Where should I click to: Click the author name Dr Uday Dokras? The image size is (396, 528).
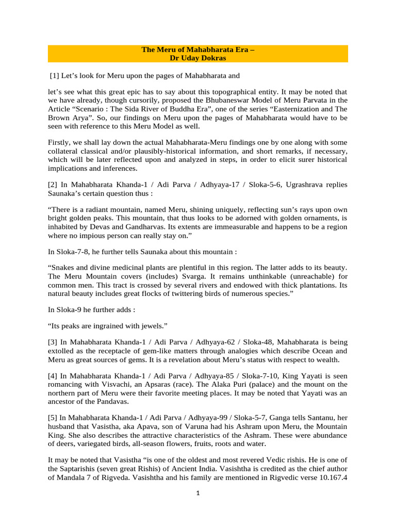pos(198,58)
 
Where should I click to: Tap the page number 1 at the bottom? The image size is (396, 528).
pos(197,492)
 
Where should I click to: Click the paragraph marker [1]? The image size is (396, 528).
pos(54,76)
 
